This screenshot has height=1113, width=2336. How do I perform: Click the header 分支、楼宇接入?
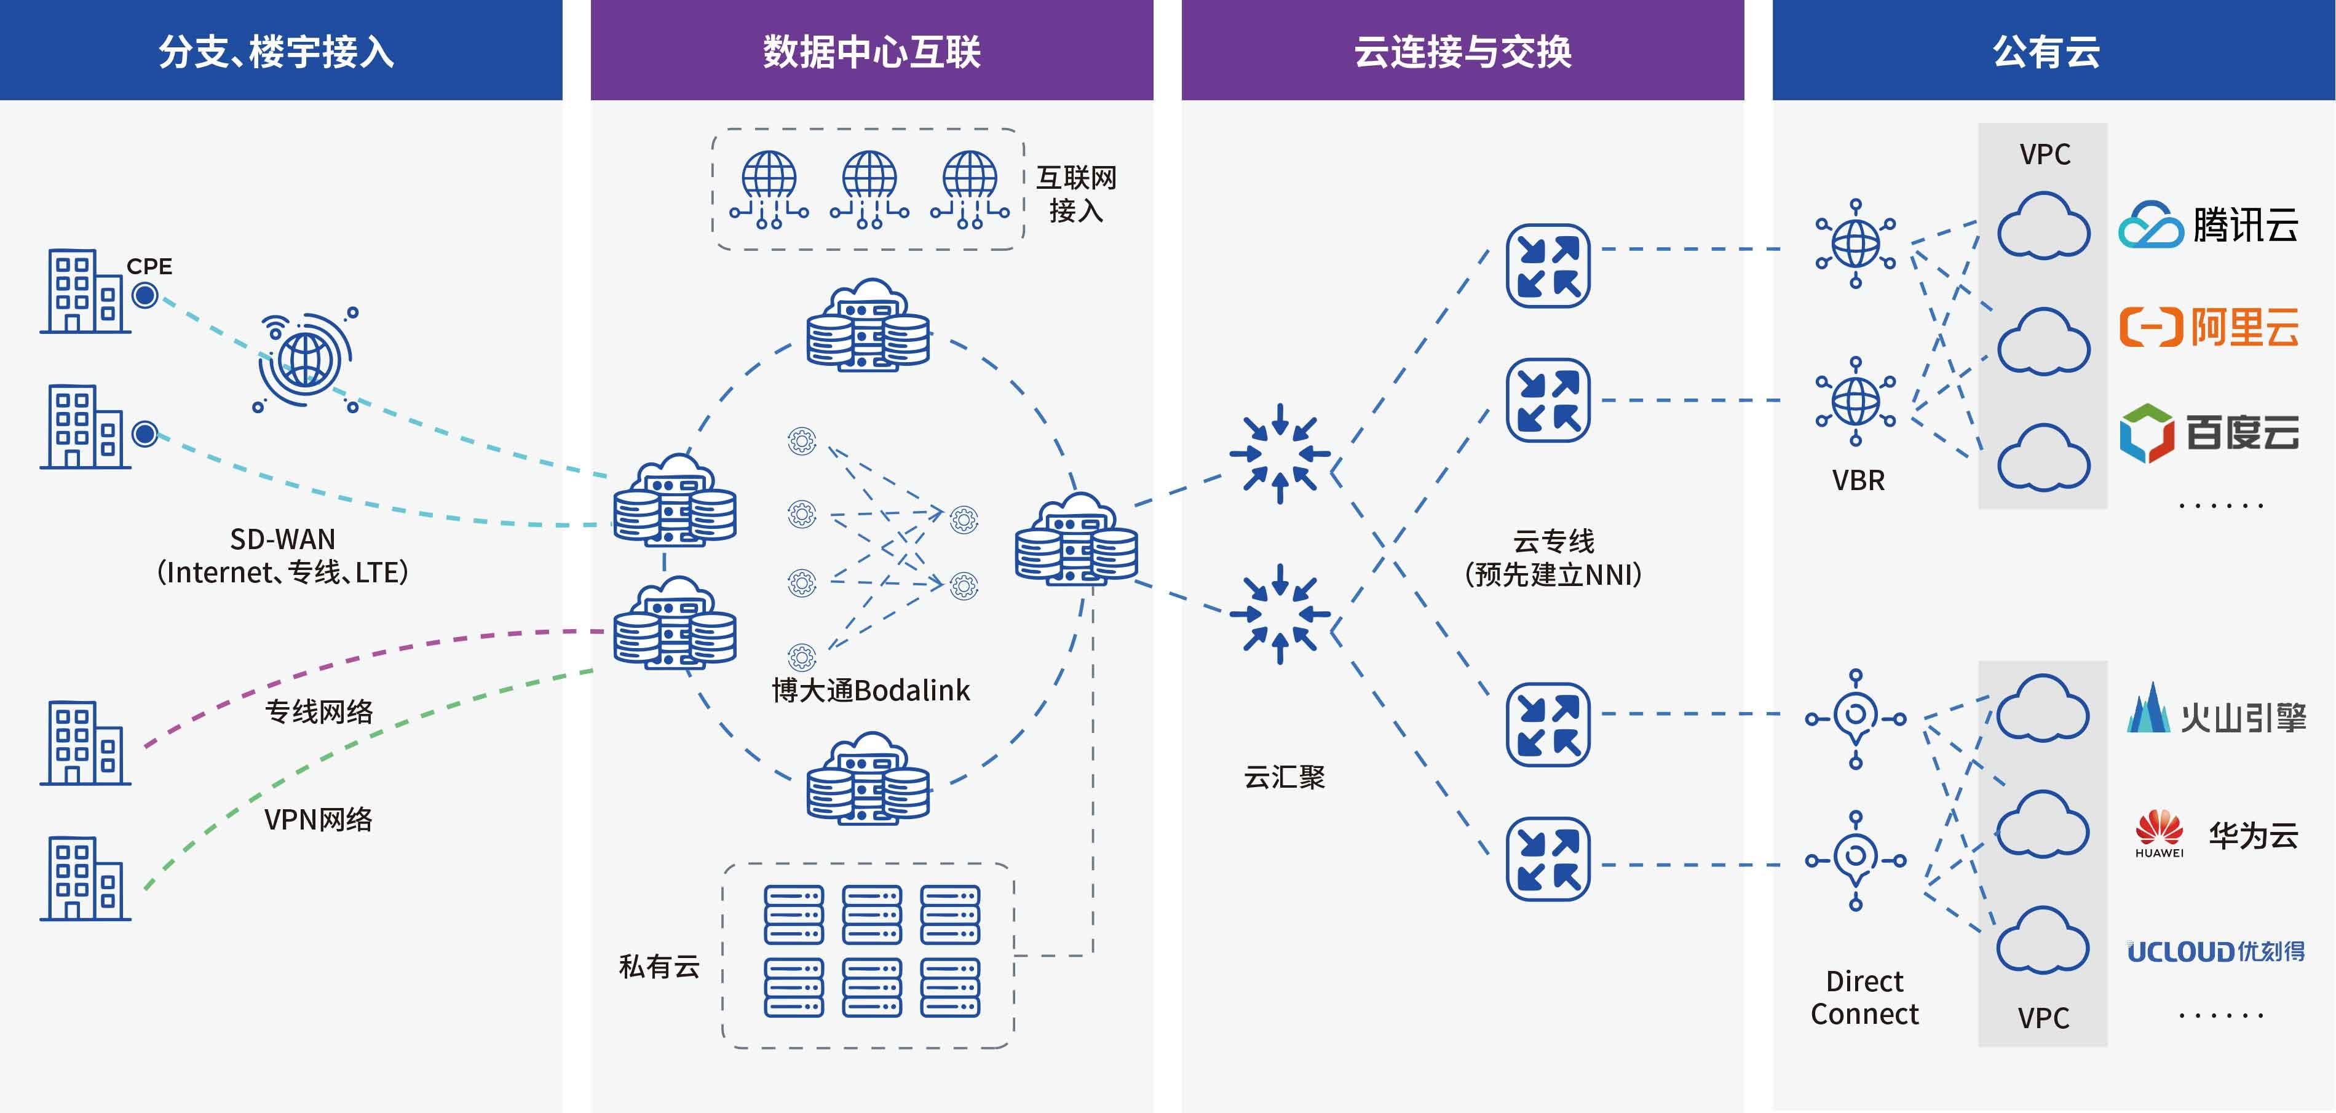point(277,51)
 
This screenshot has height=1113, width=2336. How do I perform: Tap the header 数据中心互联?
point(871,51)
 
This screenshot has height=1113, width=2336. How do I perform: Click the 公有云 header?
point(2046,51)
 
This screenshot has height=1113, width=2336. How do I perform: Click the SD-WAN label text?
point(282,540)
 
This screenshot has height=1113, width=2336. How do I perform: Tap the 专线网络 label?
point(319,712)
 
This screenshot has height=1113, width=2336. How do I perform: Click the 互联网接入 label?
point(1077,194)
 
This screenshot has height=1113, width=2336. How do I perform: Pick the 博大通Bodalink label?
point(871,691)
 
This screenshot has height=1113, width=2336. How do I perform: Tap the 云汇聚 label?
point(1284,777)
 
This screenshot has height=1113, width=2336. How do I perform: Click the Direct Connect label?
point(1864,998)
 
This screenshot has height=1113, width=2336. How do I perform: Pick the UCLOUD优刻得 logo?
point(2215,951)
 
